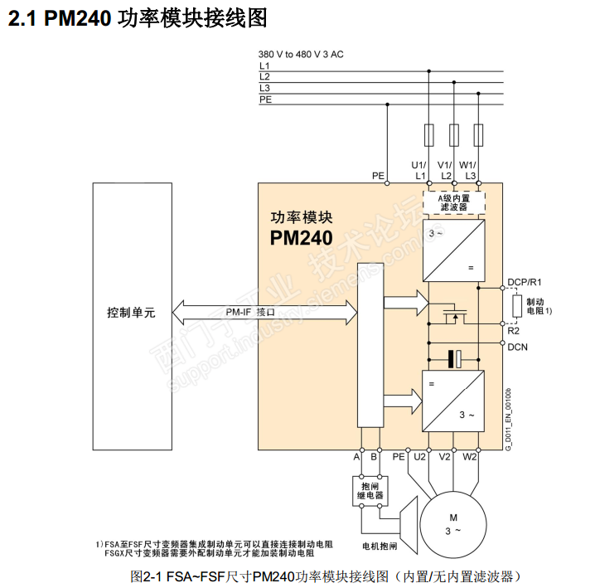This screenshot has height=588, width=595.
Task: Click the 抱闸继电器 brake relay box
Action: pyautogui.click(x=370, y=489)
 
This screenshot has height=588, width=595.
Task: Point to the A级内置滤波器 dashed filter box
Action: pyautogui.click(x=452, y=202)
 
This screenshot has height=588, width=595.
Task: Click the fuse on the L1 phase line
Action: pyautogui.click(x=428, y=134)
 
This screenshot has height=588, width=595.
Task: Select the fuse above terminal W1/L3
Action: pyautogui.click(x=478, y=134)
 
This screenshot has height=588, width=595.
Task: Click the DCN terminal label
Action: pyautogui.click(x=518, y=347)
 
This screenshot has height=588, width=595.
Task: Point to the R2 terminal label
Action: pyautogui.click(x=513, y=330)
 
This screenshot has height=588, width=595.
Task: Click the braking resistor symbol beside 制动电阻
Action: pyautogui.click(x=516, y=306)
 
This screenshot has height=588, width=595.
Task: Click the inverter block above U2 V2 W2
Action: pyautogui.click(x=452, y=399)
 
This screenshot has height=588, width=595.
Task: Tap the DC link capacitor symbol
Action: pyautogui.click(x=452, y=358)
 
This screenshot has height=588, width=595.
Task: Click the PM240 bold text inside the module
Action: pyautogui.click(x=300, y=238)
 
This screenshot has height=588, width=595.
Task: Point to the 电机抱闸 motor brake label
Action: pyautogui.click(x=380, y=547)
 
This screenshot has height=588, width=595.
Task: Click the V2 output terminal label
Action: pyautogui.click(x=445, y=456)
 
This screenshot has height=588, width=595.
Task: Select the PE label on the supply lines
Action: pyautogui.click(x=265, y=99)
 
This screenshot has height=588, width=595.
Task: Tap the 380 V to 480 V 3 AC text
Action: pyautogui.click(x=301, y=54)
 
